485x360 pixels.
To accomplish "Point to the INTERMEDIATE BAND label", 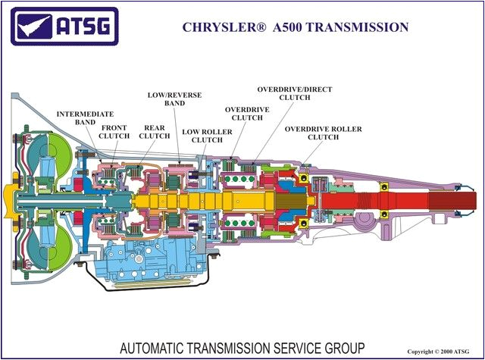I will coord(76,117).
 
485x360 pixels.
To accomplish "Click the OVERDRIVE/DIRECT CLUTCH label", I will coord(294,93).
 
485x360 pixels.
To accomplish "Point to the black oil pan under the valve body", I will coord(136,286).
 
